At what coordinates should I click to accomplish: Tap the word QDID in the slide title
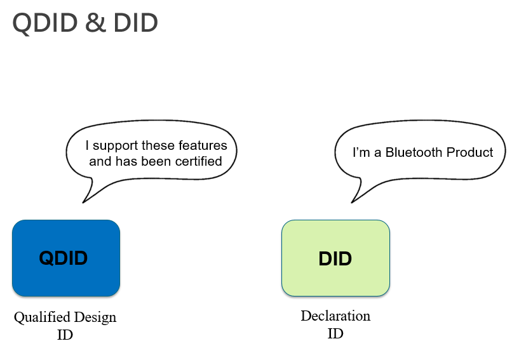click(45, 23)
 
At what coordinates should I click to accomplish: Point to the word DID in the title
click(135, 23)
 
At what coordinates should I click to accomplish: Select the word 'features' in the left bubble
click(204, 145)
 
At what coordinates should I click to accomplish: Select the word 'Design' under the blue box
click(94, 317)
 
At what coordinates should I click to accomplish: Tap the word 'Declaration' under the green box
click(335, 316)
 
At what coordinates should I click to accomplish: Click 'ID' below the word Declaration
click(335, 333)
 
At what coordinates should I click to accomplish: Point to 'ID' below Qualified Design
click(65, 335)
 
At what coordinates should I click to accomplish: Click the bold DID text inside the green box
click(335, 259)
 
